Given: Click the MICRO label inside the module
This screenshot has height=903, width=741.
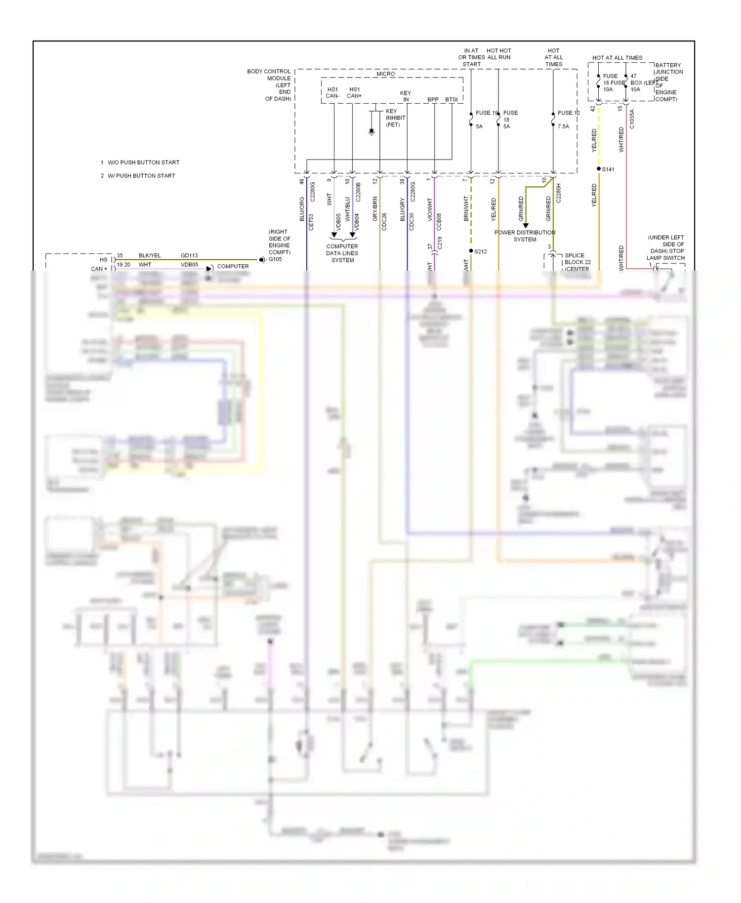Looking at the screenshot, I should point(385,74).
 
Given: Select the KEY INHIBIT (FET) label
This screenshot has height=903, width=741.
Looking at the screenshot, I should point(395,118).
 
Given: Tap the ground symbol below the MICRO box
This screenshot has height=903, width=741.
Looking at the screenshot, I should point(371,132).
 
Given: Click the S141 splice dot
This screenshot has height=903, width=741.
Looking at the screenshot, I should point(599,169).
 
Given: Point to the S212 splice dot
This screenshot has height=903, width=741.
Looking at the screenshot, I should point(471,251).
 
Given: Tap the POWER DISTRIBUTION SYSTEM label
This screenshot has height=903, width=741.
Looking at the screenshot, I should point(525,236).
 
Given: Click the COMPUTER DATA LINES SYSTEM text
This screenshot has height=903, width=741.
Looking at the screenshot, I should point(342,253).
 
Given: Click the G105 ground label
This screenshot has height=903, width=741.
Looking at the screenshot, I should point(275,259).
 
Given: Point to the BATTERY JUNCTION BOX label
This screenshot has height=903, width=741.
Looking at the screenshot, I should point(668,82).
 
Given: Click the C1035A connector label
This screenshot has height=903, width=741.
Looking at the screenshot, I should point(632,119).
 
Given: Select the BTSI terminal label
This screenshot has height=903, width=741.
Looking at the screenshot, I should point(451,99).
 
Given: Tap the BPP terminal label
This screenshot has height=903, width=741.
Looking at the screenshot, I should point(433,99).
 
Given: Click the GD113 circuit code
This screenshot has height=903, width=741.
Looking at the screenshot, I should point(189,255).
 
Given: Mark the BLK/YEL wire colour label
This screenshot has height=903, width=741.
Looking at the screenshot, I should point(150,255).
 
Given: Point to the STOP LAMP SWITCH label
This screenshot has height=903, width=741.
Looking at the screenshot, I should point(666,247).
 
